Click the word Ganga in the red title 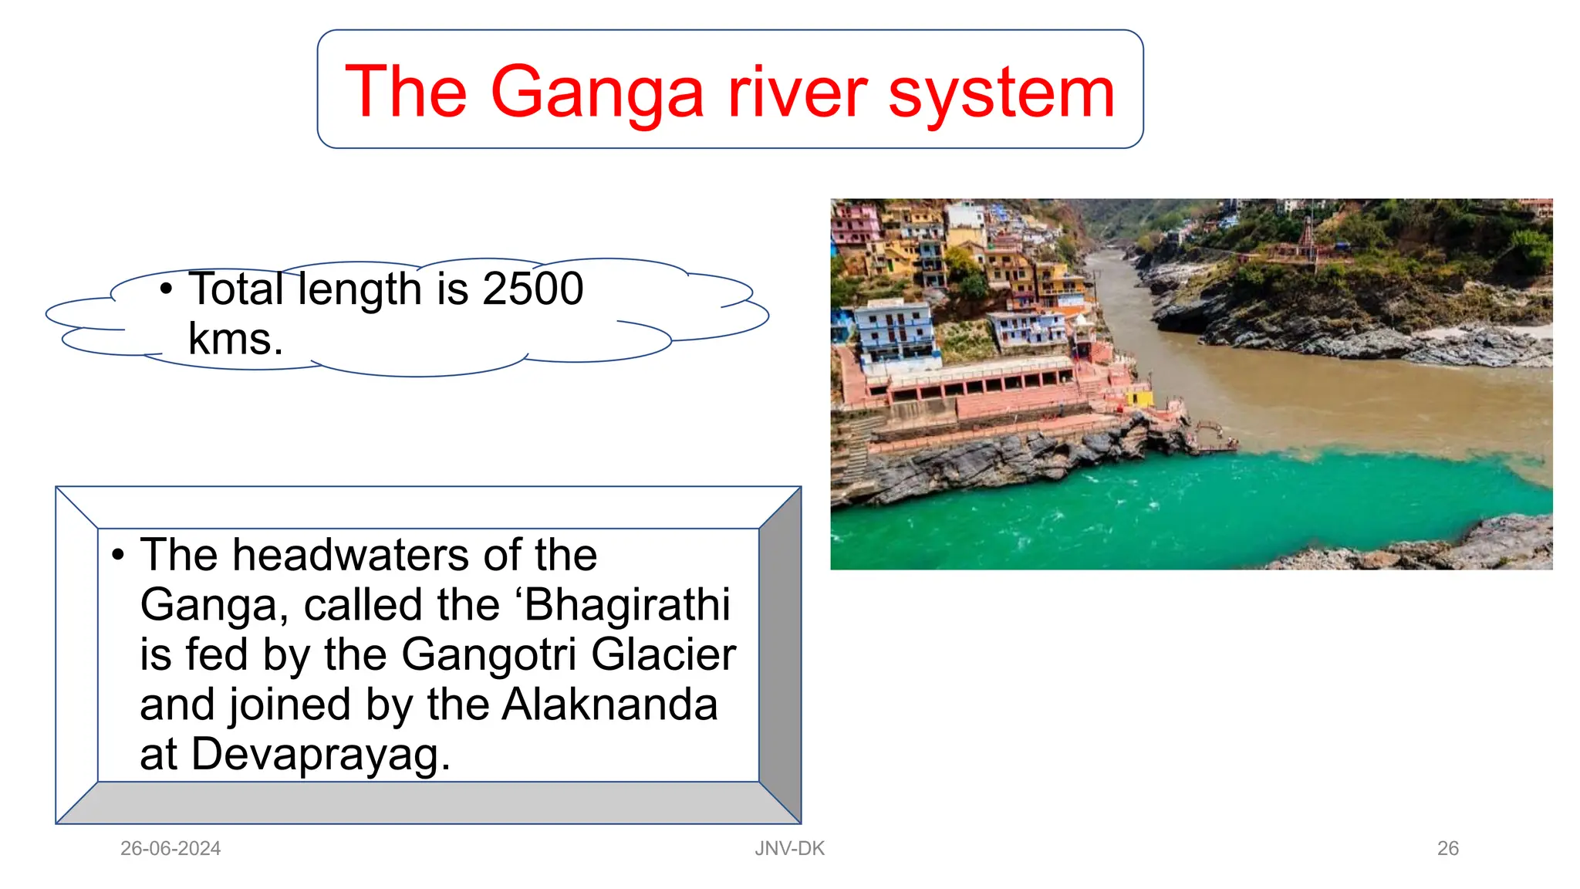pos(597,93)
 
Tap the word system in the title pos(1001,93)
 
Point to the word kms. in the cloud pos(235,339)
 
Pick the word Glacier pos(663,654)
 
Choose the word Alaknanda pos(609,705)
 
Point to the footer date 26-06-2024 pos(170,848)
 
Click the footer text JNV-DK pos(789,848)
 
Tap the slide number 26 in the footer pos(1447,848)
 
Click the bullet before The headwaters pos(118,555)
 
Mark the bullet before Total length pos(166,289)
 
